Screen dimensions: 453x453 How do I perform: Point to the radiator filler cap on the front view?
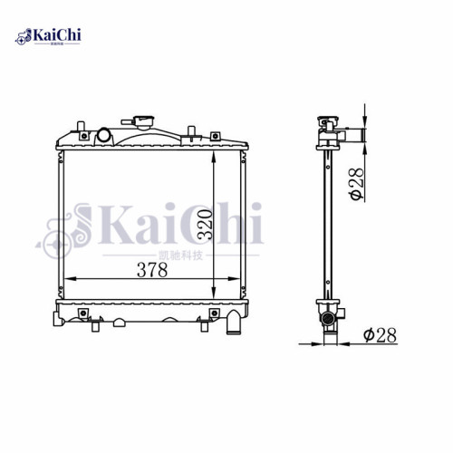(x=142, y=121)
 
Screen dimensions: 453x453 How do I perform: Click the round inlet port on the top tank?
(x=104, y=137)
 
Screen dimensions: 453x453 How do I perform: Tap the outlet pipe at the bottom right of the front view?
(x=235, y=322)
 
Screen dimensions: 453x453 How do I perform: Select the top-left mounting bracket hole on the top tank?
(x=82, y=137)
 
